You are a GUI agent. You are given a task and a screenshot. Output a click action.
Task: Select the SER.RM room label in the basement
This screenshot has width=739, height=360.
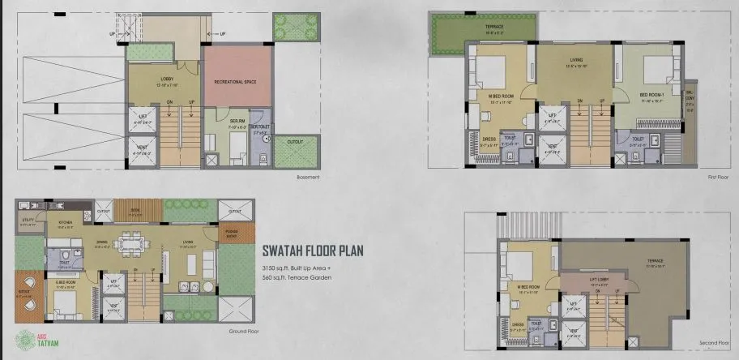(x=213, y=125)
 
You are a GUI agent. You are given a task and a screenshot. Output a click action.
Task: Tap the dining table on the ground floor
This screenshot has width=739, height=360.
(x=127, y=241)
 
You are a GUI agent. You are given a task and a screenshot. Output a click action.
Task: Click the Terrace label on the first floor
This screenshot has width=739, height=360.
(x=493, y=28)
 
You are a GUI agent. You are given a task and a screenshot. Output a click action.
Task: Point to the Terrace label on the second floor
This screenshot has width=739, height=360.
(x=656, y=262)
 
